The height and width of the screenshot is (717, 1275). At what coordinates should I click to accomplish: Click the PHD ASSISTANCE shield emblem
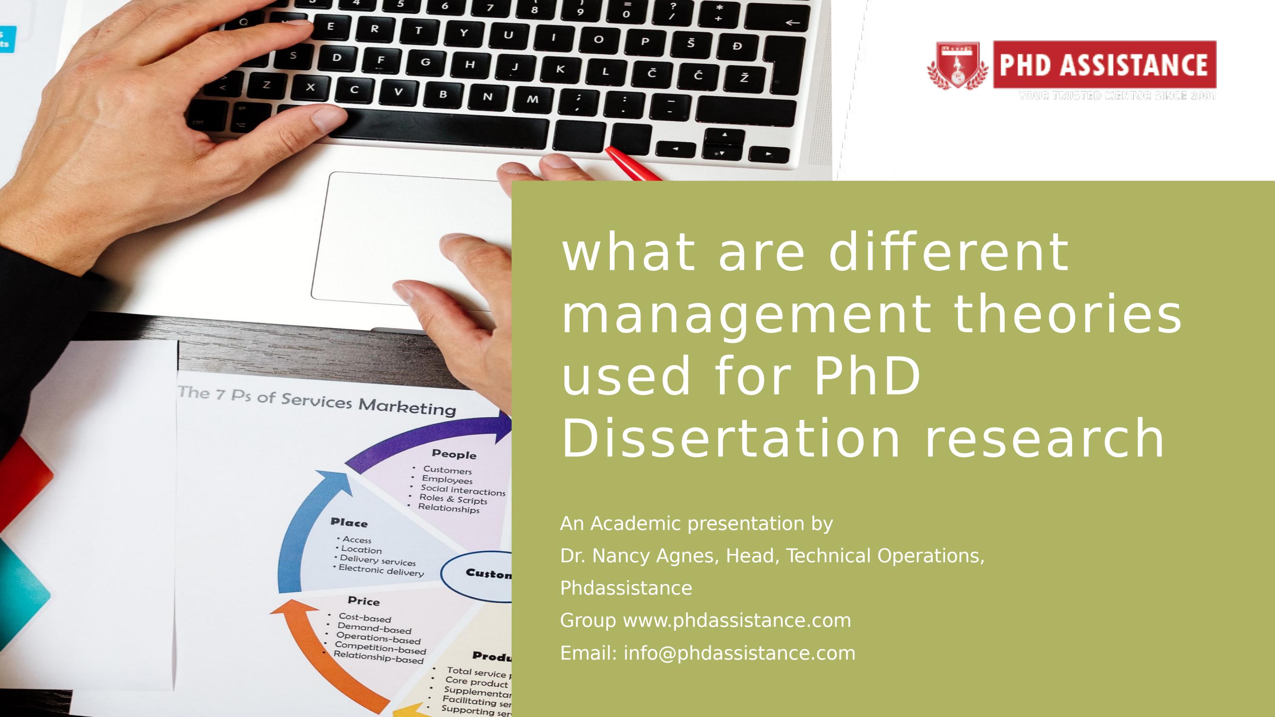click(957, 66)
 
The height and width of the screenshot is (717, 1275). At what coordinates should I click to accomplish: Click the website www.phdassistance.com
click(737, 621)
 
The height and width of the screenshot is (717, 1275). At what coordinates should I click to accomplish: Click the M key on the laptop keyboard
click(532, 99)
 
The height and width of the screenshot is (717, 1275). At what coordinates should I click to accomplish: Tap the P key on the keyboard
click(645, 42)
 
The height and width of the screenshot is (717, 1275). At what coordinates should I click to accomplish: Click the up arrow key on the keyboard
click(725, 135)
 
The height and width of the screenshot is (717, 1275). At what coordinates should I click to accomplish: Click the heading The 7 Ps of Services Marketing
click(317, 401)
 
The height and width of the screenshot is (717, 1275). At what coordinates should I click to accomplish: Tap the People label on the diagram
click(454, 454)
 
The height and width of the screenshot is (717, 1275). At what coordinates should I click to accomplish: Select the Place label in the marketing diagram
click(349, 523)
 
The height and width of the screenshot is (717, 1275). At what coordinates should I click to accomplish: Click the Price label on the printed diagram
click(363, 601)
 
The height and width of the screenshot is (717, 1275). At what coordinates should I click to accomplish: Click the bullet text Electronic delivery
click(381, 570)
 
